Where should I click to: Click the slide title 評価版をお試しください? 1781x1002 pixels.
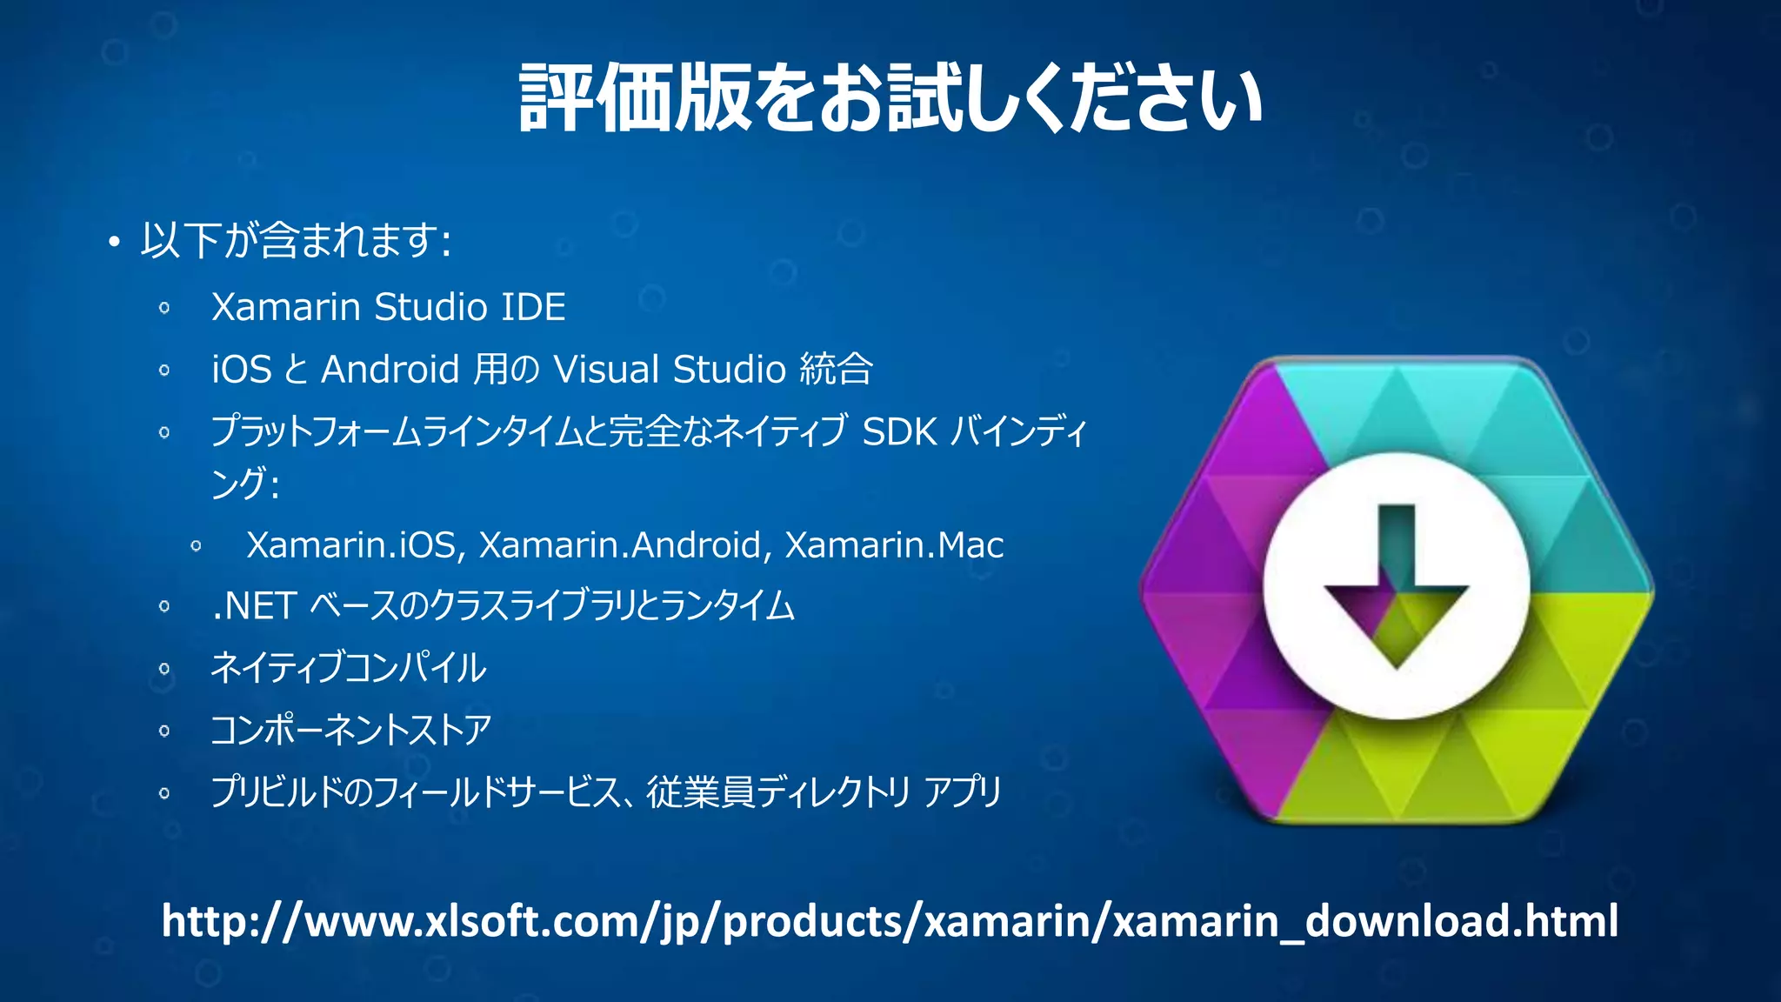(x=890, y=98)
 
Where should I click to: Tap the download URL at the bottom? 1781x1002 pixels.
(x=890, y=921)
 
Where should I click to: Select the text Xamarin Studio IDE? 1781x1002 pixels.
(x=389, y=307)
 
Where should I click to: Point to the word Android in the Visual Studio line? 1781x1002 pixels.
(x=390, y=370)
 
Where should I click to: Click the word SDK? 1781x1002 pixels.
(x=899, y=432)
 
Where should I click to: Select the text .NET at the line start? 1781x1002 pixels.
(x=255, y=606)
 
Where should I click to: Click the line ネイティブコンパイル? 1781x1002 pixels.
(x=348, y=668)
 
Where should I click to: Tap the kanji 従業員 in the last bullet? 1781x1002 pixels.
(x=701, y=792)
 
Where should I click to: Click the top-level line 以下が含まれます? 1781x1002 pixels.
(x=296, y=241)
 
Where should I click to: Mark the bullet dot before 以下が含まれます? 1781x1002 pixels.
(x=113, y=243)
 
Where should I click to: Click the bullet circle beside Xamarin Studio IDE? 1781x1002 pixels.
(x=164, y=308)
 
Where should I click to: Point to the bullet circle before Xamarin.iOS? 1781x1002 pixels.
(x=197, y=546)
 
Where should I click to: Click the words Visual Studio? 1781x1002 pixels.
(x=670, y=370)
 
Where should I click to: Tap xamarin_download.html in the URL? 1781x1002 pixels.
(x=1365, y=921)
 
